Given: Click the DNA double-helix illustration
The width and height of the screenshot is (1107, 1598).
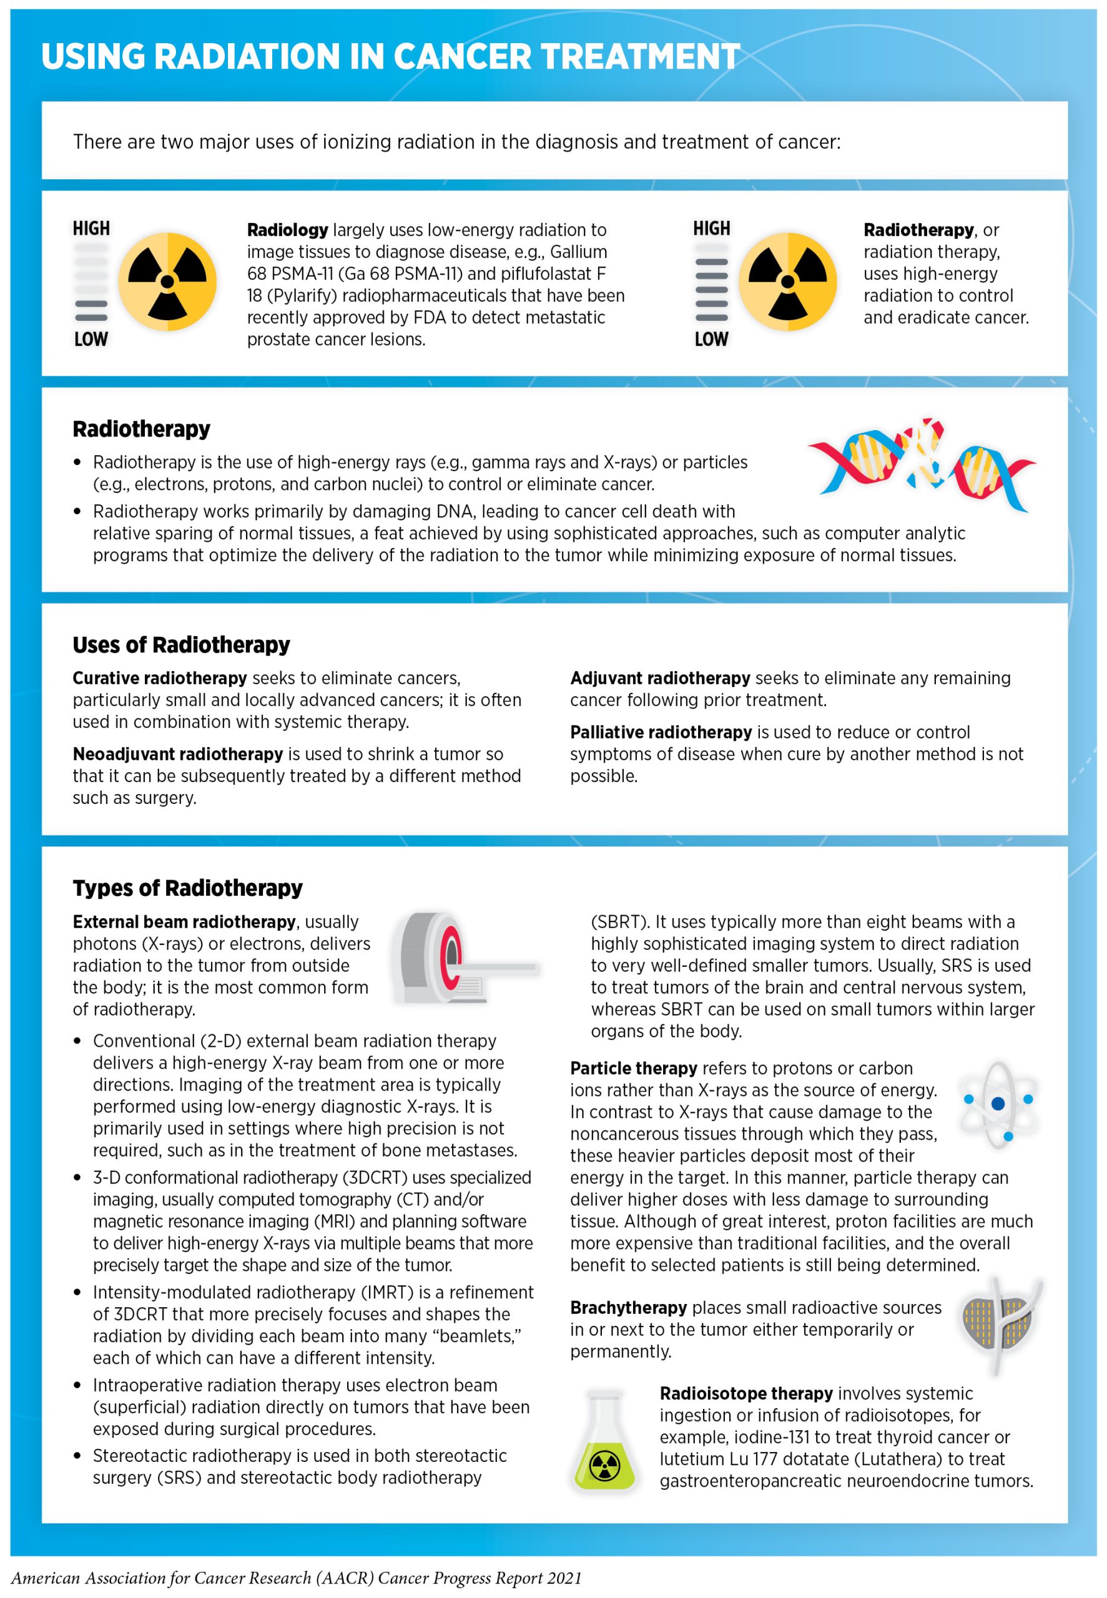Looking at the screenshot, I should pos(921,464).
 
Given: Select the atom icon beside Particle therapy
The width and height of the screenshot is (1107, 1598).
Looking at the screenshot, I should pos(998,1103).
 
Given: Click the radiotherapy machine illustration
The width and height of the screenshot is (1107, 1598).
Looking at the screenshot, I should pos(463,961).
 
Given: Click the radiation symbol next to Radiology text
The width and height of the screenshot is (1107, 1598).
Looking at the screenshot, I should pos(167,282).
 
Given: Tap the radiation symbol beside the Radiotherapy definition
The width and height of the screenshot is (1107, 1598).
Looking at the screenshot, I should pos(787,282).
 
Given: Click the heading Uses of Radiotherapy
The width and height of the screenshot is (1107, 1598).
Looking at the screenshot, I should pos(181,645).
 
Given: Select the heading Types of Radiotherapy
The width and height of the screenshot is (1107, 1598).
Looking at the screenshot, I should pos(187,888).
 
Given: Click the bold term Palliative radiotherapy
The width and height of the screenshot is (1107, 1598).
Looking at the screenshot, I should pos(661,732).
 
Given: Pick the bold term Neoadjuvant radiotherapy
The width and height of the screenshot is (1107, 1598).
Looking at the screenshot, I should pos(177,753).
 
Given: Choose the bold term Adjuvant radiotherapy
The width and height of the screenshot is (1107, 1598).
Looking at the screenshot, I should pos(659,678).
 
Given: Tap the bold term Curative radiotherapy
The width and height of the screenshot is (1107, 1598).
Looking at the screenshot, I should pos(160,678).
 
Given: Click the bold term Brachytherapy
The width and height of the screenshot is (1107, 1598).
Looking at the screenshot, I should pos(627,1308).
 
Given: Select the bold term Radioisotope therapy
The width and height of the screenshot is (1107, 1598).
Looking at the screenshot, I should pos(745,1393).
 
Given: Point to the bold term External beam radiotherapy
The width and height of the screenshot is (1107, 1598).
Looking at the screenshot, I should pos(184,922).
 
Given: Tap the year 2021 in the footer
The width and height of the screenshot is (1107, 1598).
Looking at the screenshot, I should pos(564,1579).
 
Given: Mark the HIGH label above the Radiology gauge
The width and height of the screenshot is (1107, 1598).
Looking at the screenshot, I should pos(91,229).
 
